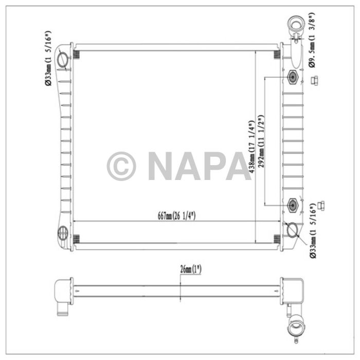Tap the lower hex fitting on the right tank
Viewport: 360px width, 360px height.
click(292, 205)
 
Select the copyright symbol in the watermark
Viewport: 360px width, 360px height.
click(121, 166)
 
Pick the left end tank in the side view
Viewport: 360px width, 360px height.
click(64, 292)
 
